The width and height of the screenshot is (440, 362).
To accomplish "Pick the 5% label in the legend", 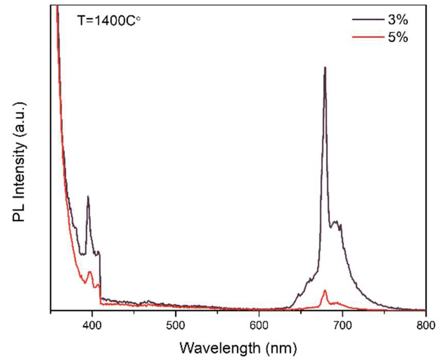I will [398, 38].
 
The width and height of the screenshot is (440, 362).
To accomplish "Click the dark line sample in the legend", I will [368, 19].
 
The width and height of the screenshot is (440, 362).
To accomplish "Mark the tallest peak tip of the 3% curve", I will [325, 68].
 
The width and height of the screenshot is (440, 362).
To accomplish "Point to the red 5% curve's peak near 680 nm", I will [325, 291].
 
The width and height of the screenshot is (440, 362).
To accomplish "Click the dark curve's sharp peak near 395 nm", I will [88, 197].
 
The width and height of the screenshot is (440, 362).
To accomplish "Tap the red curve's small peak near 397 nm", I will [90, 272].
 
